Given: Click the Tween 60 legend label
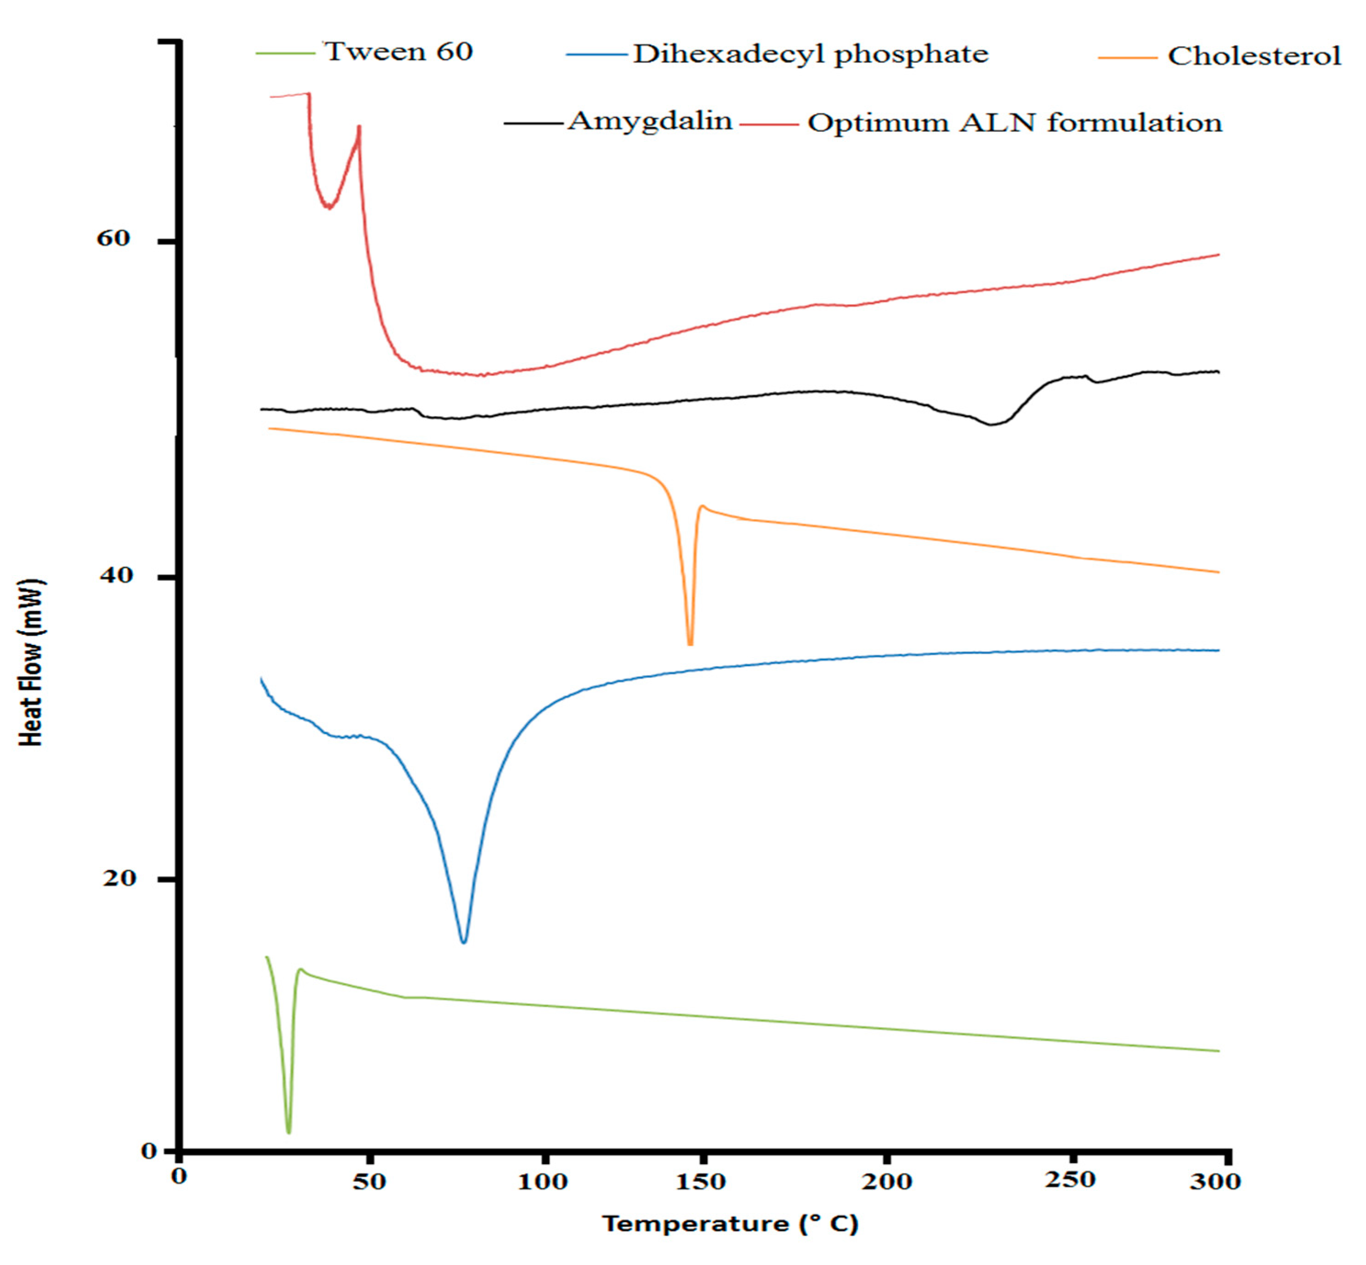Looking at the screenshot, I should click(x=398, y=52).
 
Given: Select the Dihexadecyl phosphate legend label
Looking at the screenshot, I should click(x=810, y=54).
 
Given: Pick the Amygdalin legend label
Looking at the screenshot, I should click(x=650, y=121).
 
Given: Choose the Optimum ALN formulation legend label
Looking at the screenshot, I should click(x=1014, y=123).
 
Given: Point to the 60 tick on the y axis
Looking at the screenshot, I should click(x=113, y=238).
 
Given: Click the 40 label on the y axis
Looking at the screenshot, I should click(x=115, y=575).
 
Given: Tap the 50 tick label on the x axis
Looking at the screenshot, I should click(x=369, y=1181).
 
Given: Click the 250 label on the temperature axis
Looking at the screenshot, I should click(x=1070, y=1180).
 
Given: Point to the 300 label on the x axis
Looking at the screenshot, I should click(x=1215, y=1181).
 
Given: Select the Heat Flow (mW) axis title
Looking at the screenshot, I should click(x=31, y=663).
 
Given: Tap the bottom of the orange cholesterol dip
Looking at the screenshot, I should click(x=690, y=644).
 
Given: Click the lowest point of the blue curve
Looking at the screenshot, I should click(x=464, y=942).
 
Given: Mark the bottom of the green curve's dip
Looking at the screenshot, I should click(x=288, y=1132).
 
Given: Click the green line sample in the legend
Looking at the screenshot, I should click(x=285, y=53).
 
